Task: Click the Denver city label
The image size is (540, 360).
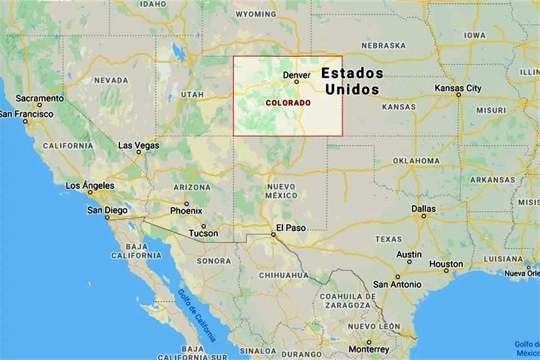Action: point(296,75)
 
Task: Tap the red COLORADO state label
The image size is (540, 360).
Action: point(287,103)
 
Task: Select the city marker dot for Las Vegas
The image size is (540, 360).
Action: point(138,152)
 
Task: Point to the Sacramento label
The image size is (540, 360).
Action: point(39,98)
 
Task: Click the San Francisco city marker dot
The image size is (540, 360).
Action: point(25,121)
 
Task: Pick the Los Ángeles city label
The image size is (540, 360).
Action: point(90,186)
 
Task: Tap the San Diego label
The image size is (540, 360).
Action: point(107,210)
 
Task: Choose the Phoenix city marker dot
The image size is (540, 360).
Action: point(186,204)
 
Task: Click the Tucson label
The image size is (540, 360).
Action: point(203,233)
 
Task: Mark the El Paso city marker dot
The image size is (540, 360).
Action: point(273,235)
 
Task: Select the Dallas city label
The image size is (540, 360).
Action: point(424,209)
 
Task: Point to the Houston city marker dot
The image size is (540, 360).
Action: point(446,271)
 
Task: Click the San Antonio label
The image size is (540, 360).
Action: point(397,285)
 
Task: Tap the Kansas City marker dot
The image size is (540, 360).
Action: point(458,95)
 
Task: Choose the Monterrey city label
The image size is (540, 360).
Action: point(368,349)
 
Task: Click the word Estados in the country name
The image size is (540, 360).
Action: point(352,73)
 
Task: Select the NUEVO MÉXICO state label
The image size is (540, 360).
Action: point(282,191)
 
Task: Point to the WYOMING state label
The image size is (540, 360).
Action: point(255,14)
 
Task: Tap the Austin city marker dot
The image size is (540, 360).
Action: point(409,262)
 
